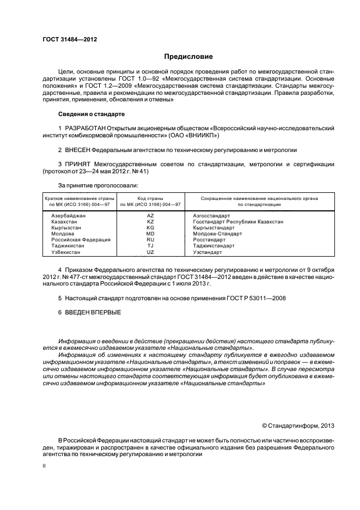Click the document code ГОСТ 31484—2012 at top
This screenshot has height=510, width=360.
tap(66, 39)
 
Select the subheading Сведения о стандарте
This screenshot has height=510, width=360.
tap(91, 114)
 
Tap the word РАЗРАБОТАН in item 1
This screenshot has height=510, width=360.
tap(85, 128)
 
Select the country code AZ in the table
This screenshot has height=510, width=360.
tap(150, 216)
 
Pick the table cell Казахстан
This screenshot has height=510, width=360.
tap(64, 222)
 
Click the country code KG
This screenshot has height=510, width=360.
tap(150, 228)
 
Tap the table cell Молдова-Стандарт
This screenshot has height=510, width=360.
tap(217, 234)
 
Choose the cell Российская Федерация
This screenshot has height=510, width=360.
tap(81, 240)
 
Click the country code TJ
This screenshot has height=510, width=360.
tap(150, 246)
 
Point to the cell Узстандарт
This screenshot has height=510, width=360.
tap(208, 252)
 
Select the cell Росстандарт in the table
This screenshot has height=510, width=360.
tap(209, 240)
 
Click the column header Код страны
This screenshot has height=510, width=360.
tap(150, 199)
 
